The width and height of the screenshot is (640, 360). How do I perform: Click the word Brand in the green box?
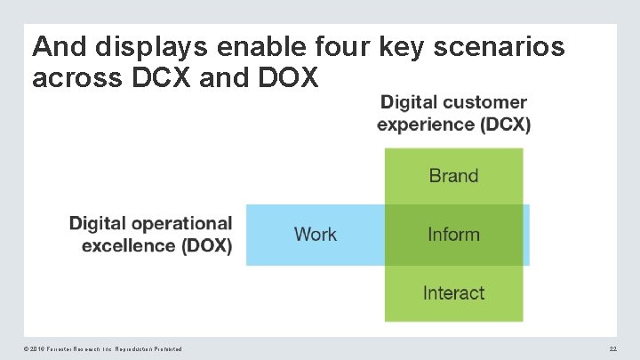click(x=453, y=176)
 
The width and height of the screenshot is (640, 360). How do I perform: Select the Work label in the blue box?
click(x=315, y=235)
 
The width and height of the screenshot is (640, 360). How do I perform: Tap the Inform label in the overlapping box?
click(x=453, y=235)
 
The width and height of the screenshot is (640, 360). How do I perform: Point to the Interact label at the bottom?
click(x=453, y=293)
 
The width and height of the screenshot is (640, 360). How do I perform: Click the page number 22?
click(x=612, y=349)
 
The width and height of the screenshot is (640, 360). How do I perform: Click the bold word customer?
click(x=484, y=103)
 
